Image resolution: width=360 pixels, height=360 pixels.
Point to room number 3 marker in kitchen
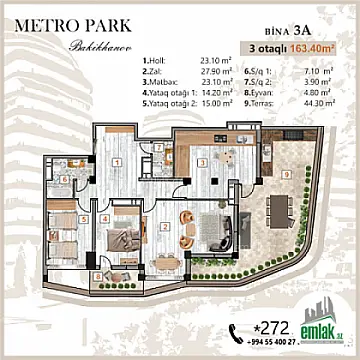coord(200,160)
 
